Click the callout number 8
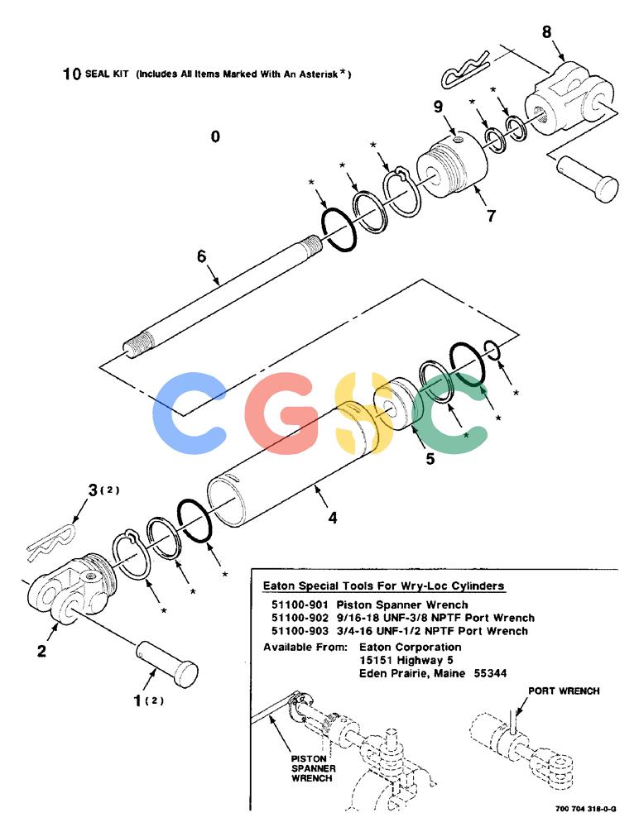tap(546, 31)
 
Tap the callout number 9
tap(438, 107)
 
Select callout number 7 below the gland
tap(491, 216)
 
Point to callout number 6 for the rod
tap(202, 256)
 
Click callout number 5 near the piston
tap(430, 459)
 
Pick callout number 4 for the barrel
tap(332, 518)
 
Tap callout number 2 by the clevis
tap(41, 651)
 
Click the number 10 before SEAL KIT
tap(71, 74)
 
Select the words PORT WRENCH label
tap(564, 691)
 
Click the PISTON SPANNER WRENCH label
tap(312, 768)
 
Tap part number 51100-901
tap(300, 605)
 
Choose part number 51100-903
tap(300, 631)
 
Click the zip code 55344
tap(490, 673)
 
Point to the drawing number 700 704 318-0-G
tap(585, 809)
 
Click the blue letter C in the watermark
tap(189, 413)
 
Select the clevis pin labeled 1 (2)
tap(167, 664)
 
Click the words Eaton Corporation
tap(410, 648)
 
